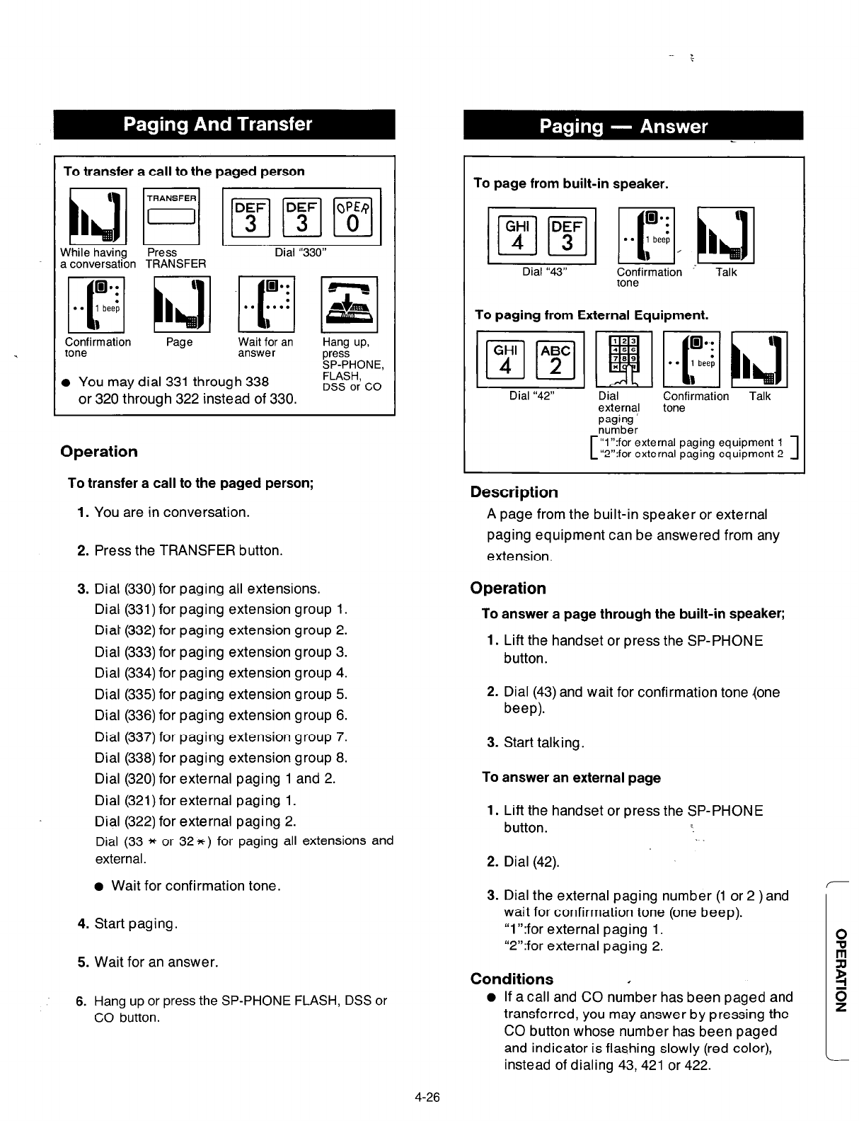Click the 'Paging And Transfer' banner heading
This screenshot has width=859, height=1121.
click(x=217, y=125)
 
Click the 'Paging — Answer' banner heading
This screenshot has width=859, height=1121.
click(x=623, y=127)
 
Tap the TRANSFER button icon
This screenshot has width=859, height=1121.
click(x=171, y=213)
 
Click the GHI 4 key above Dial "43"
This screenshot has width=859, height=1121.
click(x=518, y=234)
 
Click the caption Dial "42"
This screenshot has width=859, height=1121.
click(x=531, y=396)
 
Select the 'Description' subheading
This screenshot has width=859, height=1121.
click(x=514, y=492)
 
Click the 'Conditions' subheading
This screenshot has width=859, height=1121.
click(x=512, y=979)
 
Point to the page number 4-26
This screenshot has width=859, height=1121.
click(x=428, y=1098)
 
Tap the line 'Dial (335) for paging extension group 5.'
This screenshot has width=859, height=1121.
click(x=221, y=694)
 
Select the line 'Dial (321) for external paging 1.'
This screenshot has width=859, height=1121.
click(x=195, y=800)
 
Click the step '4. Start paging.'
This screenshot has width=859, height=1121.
click(x=127, y=923)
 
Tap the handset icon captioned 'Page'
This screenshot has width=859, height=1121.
click(x=180, y=305)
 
